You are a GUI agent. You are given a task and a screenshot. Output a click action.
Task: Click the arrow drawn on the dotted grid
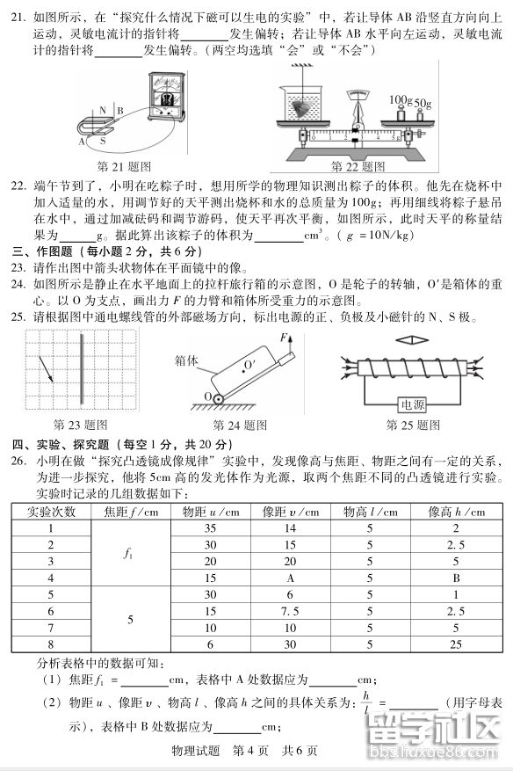[44, 367]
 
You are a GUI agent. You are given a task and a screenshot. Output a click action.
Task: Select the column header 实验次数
[51, 512]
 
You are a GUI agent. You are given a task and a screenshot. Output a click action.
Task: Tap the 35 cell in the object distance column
[209, 528]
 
